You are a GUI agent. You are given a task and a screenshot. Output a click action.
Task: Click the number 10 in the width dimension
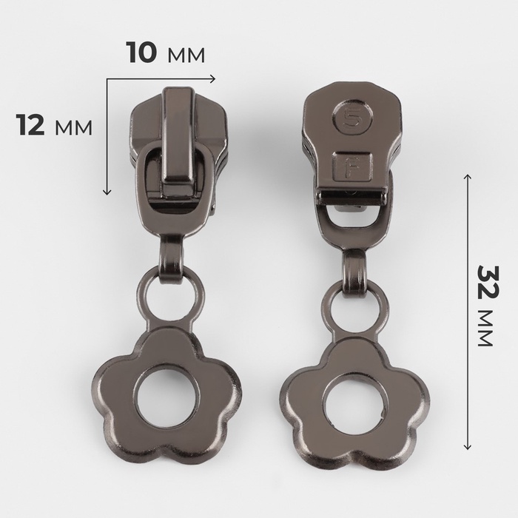click(141, 53)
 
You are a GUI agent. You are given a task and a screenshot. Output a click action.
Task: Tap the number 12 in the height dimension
click(30, 126)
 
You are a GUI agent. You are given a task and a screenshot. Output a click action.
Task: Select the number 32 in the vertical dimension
click(489, 280)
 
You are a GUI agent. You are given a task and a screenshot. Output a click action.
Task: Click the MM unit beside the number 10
click(186, 55)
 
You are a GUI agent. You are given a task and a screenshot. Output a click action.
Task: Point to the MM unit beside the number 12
click(74, 128)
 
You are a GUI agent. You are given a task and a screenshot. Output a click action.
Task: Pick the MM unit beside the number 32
click(485, 328)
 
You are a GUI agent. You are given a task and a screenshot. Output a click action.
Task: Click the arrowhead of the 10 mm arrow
click(213, 78)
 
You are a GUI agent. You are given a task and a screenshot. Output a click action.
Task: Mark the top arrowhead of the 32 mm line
click(468, 177)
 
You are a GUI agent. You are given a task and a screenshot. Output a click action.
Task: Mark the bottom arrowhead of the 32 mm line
click(468, 446)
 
